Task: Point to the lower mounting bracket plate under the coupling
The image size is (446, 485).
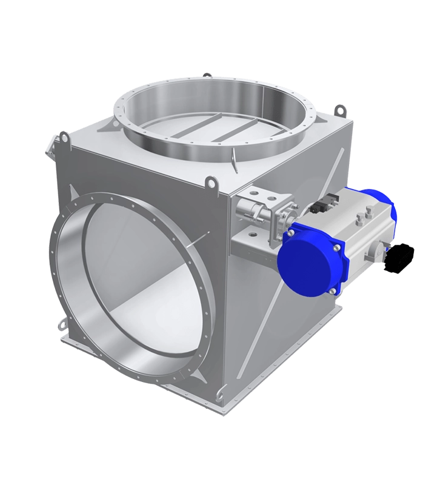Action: click(255, 242)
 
